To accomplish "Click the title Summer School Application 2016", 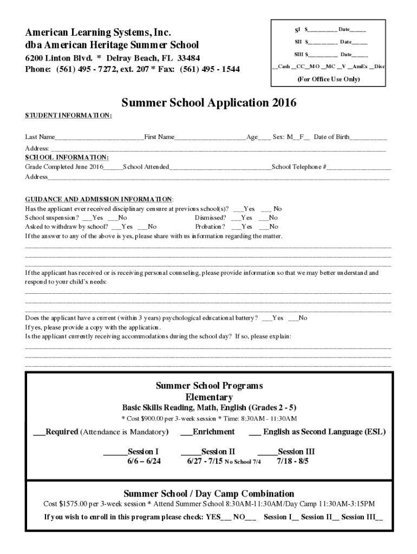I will [208, 103].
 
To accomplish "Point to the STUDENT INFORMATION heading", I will [68, 116].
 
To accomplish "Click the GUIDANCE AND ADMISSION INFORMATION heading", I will [99, 199].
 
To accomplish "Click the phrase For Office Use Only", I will [328, 79].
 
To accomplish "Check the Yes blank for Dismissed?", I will [236, 218].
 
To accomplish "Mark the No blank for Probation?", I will [264, 227].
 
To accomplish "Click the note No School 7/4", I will [243, 462].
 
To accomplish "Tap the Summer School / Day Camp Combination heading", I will [208, 493].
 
